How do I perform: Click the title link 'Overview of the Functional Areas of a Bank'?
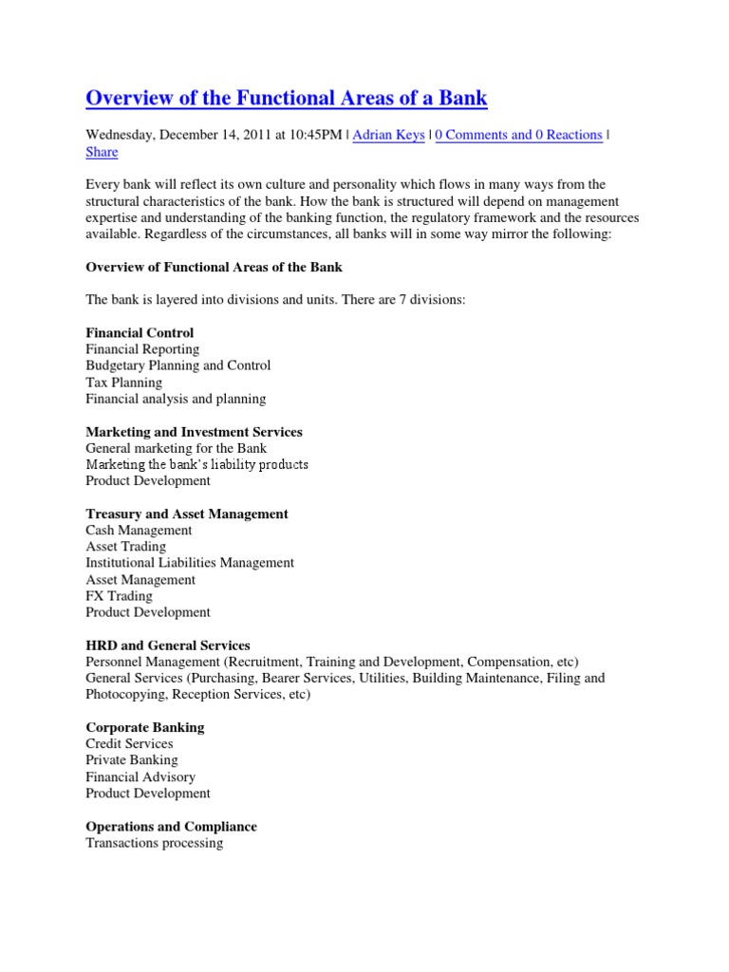287,98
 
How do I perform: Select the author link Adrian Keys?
389,135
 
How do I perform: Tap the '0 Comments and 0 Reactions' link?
518,135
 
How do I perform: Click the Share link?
102,152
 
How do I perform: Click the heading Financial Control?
140,333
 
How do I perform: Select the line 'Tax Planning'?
123,383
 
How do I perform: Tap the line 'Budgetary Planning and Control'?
178,365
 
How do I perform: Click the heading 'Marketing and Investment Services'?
194,432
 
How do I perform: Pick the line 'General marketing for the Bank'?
176,448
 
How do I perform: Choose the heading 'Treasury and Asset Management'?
187,514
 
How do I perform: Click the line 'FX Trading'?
119,596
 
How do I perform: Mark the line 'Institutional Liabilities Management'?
190,563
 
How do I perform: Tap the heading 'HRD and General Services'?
168,645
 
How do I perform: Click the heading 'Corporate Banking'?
144,727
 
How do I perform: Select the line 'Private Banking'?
131,760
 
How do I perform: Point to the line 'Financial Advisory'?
140,776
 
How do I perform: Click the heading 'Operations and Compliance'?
171,827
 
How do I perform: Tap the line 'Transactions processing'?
154,843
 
